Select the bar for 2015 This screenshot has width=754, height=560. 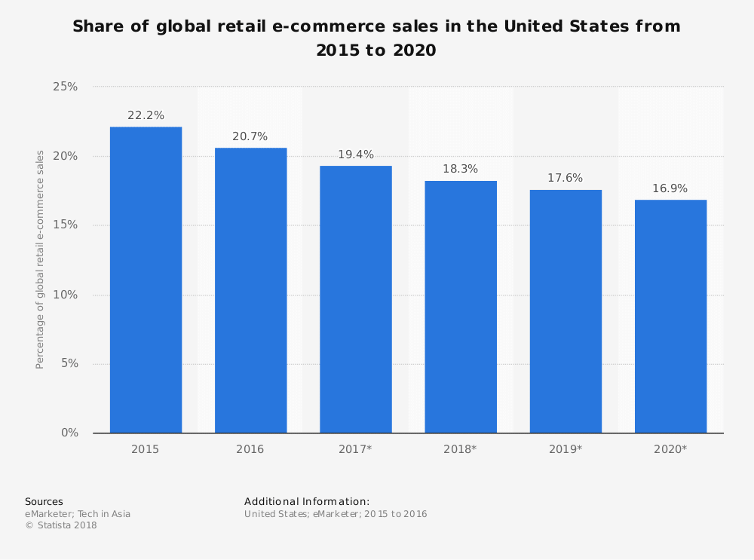point(146,280)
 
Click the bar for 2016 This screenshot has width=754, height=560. point(250,290)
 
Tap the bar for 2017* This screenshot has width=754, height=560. point(355,299)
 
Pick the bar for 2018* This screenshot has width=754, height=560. point(460,307)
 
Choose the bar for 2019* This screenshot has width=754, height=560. point(565,311)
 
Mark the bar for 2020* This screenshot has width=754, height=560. point(670,317)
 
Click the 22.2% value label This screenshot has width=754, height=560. point(146,115)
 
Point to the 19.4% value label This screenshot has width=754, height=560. point(355,155)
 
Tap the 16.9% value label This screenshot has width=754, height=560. point(670,188)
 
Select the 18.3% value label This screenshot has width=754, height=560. point(460,169)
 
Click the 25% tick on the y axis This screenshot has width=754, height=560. point(66,87)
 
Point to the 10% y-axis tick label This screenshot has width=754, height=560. point(66,295)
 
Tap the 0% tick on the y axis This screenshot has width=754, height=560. point(69,433)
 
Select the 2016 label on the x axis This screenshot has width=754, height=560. point(250,449)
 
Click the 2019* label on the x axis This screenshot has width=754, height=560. point(565,449)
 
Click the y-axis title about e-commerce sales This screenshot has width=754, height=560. point(40,259)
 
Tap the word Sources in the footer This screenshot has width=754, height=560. point(44,501)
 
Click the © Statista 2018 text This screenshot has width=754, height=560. point(61,525)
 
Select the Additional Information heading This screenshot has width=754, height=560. point(307,501)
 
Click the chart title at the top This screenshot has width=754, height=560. point(376,38)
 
